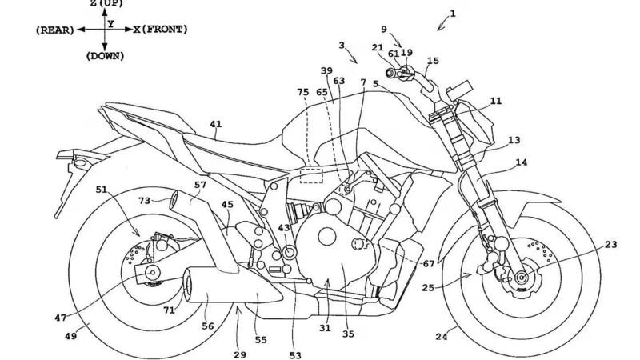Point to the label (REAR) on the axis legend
click(54, 30)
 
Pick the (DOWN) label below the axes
click(105, 56)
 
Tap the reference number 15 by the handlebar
click(433, 61)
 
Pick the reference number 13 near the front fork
click(514, 140)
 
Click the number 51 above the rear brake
click(101, 190)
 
